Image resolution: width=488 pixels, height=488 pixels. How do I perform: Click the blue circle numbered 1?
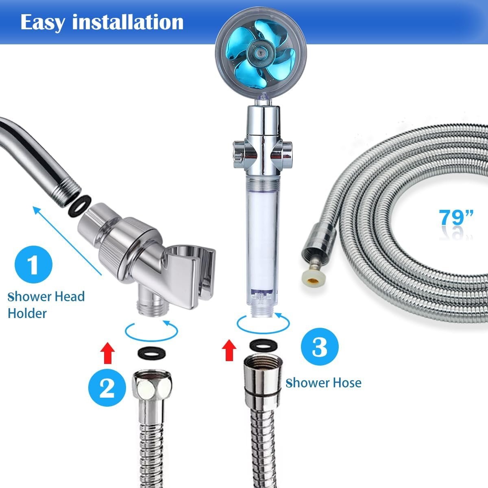tap(33, 264)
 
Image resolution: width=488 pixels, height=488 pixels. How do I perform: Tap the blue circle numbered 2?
tap(107, 388)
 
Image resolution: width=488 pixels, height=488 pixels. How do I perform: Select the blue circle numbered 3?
tap(320, 347)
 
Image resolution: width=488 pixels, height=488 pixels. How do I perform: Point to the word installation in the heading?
tap(128, 22)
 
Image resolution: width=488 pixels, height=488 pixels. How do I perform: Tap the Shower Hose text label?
tap(323, 383)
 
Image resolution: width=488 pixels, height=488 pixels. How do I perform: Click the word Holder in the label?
tap(27, 314)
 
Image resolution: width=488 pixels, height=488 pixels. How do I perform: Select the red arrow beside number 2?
tap(107, 353)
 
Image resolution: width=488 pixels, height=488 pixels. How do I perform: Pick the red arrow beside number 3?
tap(229, 350)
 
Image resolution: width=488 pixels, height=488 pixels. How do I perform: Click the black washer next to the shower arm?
tap(80, 206)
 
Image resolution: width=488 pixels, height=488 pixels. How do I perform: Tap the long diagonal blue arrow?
tap(68, 241)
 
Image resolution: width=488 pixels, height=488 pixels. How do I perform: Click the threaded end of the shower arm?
tap(67, 190)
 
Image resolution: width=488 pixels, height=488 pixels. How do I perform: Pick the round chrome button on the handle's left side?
tap(237, 154)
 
